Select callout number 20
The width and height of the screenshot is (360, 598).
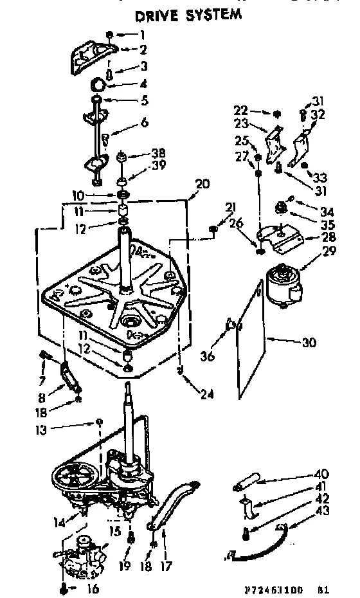click(201, 183)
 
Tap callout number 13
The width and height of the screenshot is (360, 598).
click(42, 430)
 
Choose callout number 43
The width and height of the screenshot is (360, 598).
click(322, 511)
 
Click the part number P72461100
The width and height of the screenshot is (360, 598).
click(267, 588)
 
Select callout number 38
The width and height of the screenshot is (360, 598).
click(158, 153)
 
